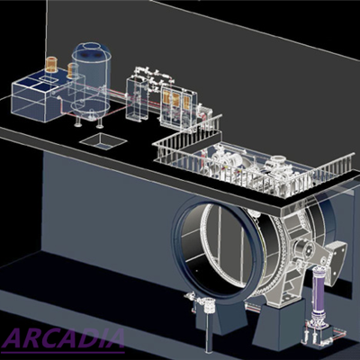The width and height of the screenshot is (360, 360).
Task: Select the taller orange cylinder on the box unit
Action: pos(51,65)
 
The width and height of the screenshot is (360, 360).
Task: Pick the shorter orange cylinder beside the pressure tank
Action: pos(72,71)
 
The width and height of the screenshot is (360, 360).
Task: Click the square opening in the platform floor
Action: pos(103,141)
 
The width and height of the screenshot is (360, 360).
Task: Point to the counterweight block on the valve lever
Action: pos(336,262)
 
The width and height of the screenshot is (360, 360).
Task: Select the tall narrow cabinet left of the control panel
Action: pos(138,98)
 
